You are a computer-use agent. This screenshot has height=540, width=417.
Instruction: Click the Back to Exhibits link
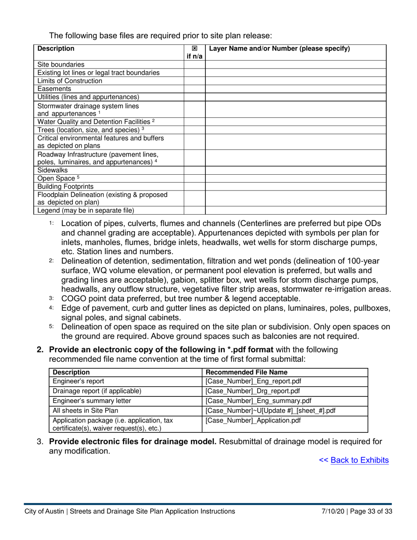coord(359,460)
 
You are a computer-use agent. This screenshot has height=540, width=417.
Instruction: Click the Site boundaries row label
coord(61,65)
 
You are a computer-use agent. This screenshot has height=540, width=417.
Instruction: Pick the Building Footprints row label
coord(65,186)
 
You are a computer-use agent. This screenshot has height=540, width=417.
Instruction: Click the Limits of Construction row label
coord(70,81)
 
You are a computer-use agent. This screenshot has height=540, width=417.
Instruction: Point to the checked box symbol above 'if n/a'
coord(194,49)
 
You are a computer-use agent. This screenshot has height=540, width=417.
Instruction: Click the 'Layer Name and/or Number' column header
coord(280,49)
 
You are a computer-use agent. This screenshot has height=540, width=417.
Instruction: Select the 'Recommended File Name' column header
coord(247,372)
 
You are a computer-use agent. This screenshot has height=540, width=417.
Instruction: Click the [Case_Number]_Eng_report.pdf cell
coord(253,381)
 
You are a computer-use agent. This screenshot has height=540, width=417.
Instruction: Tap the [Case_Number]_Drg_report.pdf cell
coord(253,391)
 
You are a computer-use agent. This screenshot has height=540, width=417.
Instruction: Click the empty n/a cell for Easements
coord(194,89)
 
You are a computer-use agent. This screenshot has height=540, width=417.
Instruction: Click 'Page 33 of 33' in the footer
coord(372,511)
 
